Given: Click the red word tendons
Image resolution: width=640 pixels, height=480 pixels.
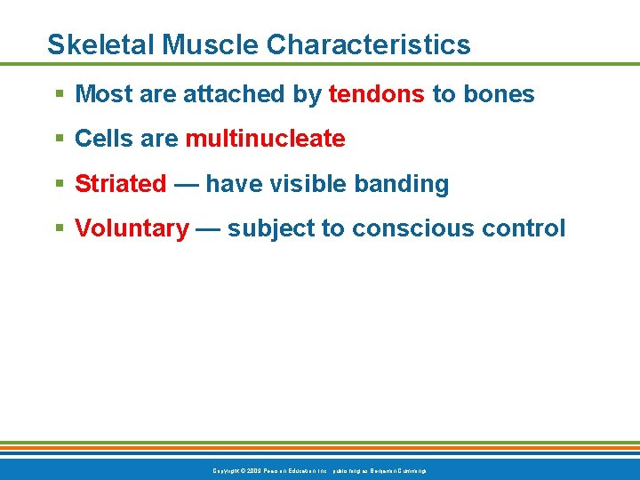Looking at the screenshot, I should [377, 94].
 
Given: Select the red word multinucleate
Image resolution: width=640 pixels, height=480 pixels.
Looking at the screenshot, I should [265, 139].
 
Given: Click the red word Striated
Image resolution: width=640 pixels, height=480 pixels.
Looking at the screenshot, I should [121, 184].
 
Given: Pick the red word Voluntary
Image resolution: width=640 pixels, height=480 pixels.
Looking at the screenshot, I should [132, 228].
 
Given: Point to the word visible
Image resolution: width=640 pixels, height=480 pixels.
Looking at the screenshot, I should [311, 184].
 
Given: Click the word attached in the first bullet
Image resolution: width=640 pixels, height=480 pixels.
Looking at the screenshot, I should [222, 94].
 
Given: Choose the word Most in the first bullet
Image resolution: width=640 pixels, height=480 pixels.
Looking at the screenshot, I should [103, 94].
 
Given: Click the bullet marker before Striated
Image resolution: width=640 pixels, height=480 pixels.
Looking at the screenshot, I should [59, 184].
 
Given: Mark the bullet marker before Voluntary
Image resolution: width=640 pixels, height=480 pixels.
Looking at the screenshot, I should [59, 228].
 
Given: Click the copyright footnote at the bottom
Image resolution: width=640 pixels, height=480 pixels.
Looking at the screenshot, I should [320, 470].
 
